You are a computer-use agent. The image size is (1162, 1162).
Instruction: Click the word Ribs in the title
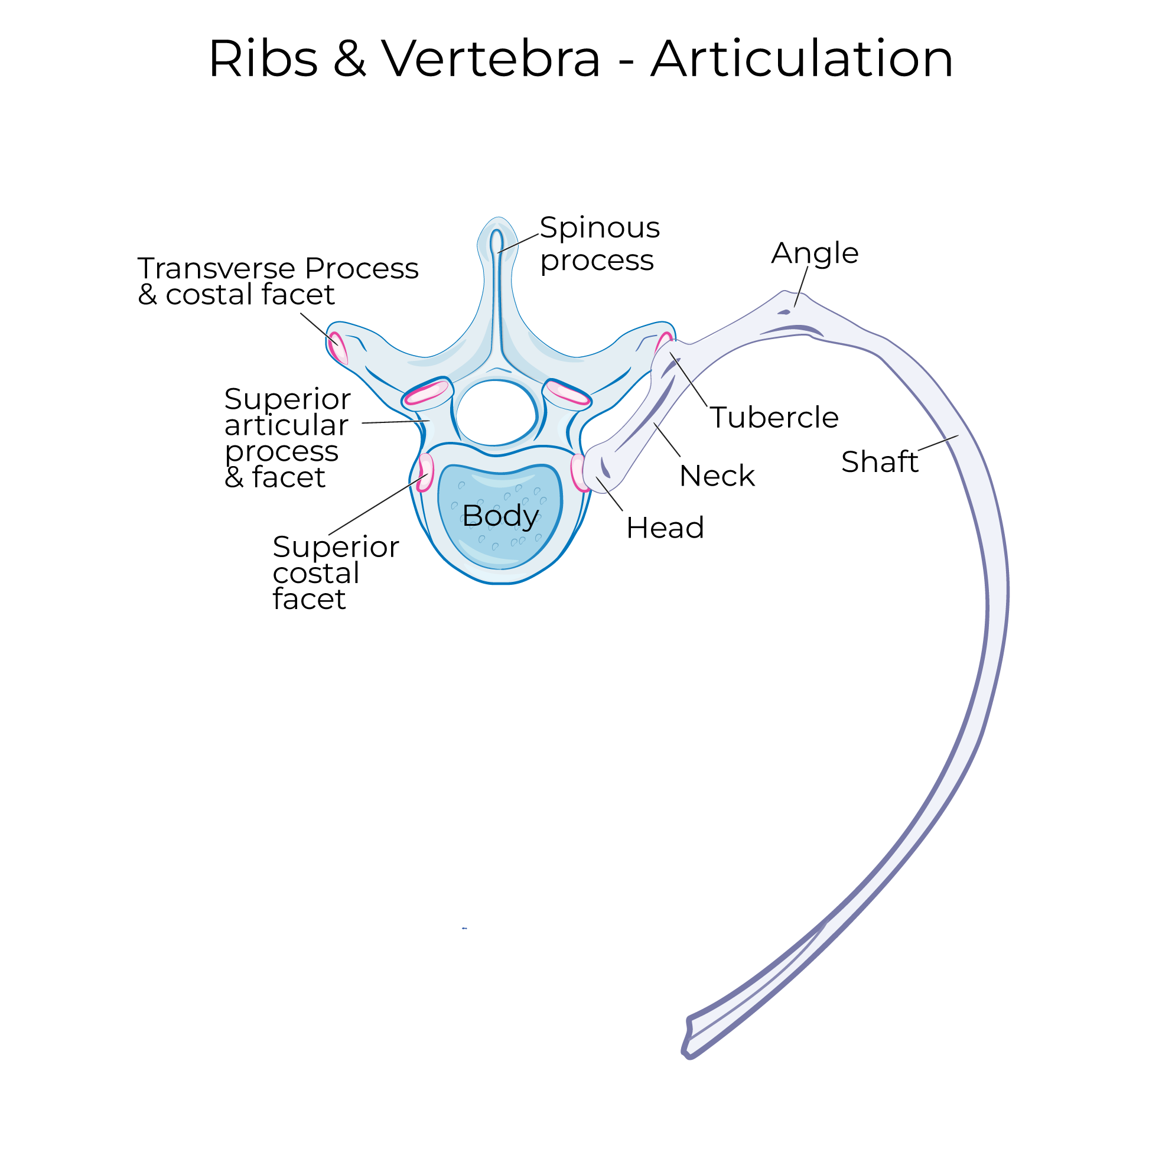pyautogui.click(x=263, y=59)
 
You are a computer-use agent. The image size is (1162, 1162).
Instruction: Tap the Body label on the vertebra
pyautogui.click(x=500, y=516)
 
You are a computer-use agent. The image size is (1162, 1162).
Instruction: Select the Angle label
pyautogui.click(x=815, y=253)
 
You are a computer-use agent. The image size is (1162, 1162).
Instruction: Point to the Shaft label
pyautogui.click(x=879, y=462)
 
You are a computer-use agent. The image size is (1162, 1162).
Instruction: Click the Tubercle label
pyautogui.click(x=774, y=418)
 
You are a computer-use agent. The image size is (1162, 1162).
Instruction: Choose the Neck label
pyautogui.click(x=717, y=476)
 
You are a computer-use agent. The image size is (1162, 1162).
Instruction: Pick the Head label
pyautogui.click(x=665, y=528)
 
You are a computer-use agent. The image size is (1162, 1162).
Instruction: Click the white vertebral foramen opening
pyautogui.click(x=496, y=412)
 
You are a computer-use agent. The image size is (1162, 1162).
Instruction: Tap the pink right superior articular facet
pyautogui.click(x=567, y=393)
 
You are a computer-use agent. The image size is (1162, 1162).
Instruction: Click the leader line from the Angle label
pyautogui.click(x=801, y=287)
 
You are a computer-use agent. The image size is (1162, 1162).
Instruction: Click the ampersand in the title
pyautogui.click(x=350, y=59)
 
